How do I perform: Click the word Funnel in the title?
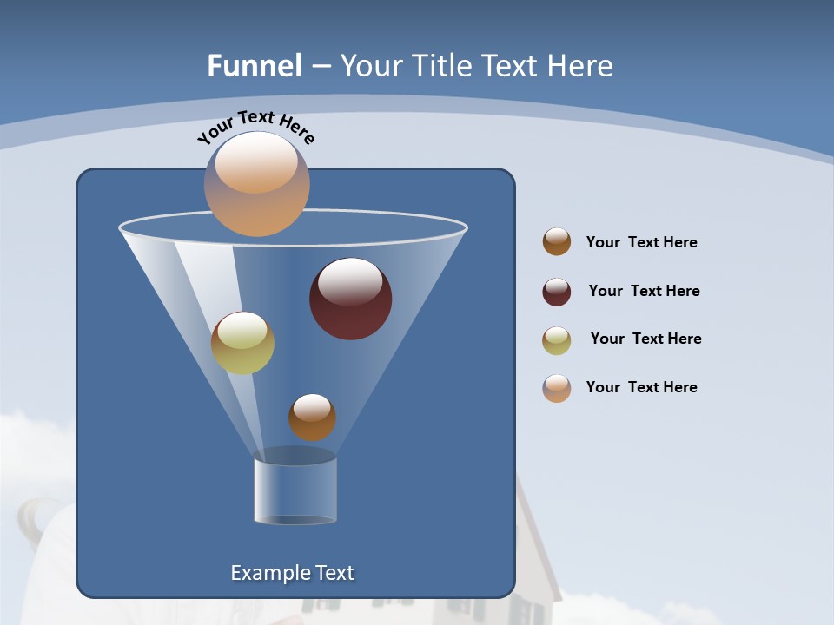tap(254, 66)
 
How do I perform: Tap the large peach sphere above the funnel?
tap(256, 184)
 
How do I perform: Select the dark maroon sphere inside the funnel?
tap(351, 299)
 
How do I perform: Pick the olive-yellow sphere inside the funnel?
tap(242, 343)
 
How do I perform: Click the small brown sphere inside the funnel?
tap(312, 418)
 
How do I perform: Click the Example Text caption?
tap(292, 573)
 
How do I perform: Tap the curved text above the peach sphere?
tap(255, 127)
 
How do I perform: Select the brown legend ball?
tap(557, 242)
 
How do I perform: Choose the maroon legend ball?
tap(557, 292)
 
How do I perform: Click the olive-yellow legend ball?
tap(557, 340)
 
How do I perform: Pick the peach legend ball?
tap(557, 388)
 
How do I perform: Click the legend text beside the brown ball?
tap(641, 243)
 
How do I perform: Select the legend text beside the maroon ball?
tap(644, 292)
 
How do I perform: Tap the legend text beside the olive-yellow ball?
tap(645, 339)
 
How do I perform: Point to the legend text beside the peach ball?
tap(641, 388)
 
